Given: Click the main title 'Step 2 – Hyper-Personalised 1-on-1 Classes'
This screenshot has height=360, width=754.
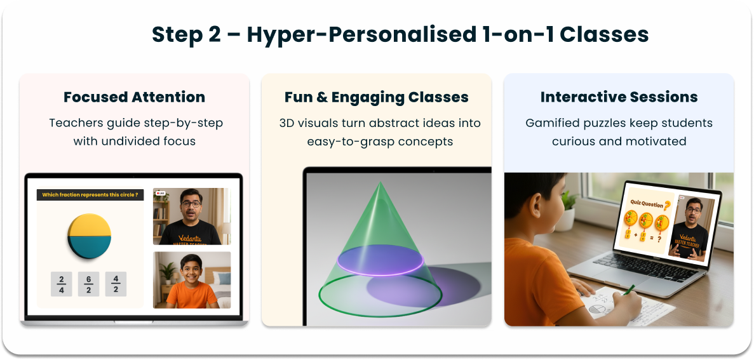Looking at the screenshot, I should (400, 34).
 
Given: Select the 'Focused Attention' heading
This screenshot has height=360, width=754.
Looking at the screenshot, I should (134, 97).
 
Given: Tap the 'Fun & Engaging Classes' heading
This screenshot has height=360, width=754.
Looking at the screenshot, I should (376, 97).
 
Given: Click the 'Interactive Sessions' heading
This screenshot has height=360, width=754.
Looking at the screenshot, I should (619, 97).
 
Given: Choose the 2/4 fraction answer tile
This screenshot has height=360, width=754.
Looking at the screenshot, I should (62, 284).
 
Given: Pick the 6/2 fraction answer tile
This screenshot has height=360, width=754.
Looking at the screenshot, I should (89, 284).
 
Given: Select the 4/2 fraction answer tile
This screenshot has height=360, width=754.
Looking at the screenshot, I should (116, 284).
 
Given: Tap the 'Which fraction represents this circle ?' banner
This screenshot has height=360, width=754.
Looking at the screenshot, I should (90, 195).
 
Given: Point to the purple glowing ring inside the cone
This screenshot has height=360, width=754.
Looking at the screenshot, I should (380, 261).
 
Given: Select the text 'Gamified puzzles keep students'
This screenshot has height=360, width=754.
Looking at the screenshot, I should (619, 123).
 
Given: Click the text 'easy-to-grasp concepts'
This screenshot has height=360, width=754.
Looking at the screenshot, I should (380, 141).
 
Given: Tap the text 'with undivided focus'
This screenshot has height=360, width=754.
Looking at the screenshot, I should (134, 141).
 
